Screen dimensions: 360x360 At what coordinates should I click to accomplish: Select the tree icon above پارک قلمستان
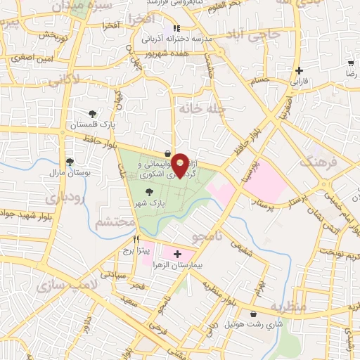pos(92,114)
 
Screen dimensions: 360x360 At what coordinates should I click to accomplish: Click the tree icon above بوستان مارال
pos(69,161)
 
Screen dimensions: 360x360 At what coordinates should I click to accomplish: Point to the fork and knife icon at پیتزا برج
pos(126,239)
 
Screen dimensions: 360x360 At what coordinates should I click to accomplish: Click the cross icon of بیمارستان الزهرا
pos(177,254)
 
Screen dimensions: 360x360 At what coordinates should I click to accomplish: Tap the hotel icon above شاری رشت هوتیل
pos(253,314)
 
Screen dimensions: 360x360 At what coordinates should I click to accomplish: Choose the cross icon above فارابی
pos(300,70)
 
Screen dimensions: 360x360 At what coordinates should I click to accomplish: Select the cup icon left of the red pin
pos(167,153)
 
